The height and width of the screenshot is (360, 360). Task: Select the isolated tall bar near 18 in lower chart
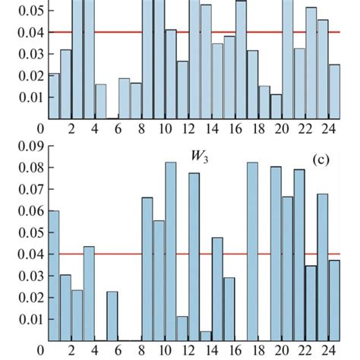coord(252,251)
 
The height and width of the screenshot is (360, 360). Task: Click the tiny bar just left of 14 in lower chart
coord(205,336)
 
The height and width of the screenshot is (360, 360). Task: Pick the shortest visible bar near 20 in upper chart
coord(276,106)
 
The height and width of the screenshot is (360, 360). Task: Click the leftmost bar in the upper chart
coord(54,96)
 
